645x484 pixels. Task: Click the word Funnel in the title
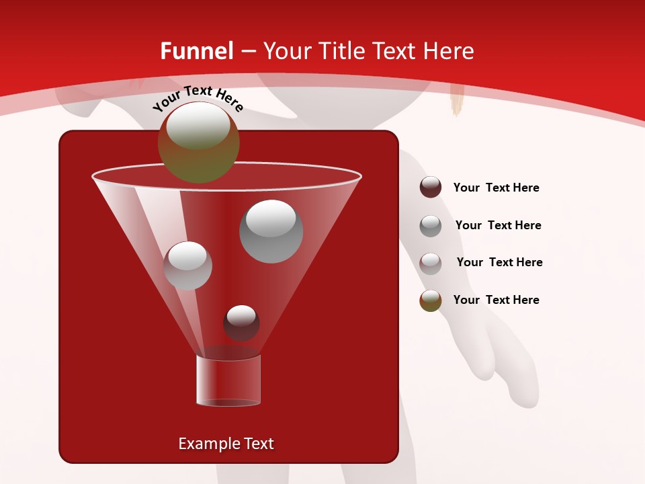tap(196, 51)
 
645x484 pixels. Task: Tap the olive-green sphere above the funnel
tap(198, 143)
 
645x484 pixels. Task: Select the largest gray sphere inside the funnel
tap(271, 231)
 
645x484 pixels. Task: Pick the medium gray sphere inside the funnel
tap(187, 266)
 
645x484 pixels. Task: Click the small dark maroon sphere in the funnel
tap(241, 323)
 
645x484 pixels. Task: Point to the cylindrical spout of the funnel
tap(228, 380)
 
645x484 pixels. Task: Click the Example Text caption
tap(226, 444)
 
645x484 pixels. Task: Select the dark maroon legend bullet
tap(431, 188)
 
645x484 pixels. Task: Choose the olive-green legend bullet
tap(431, 300)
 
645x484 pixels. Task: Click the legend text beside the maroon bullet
tap(496, 188)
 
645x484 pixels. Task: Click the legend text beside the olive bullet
tap(496, 300)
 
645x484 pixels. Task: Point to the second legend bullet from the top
tap(431, 226)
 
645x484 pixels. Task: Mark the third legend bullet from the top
tap(431, 264)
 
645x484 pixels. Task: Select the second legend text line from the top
tap(498, 225)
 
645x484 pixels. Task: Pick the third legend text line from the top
tap(499, 262)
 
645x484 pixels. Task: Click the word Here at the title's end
tap(451, 51)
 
